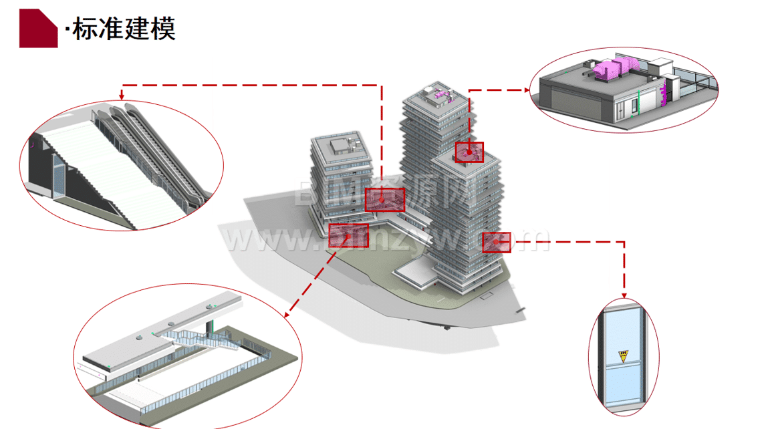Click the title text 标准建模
pos(124,29)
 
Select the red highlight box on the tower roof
pos(469,152)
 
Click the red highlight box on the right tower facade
pos(496,242)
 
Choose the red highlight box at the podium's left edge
pos(348,235)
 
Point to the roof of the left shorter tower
pos(340,145)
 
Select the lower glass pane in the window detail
pos(623,384)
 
